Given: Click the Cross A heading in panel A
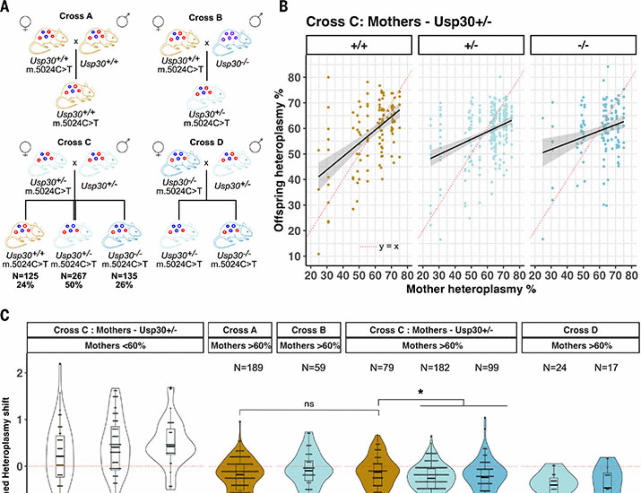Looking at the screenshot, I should pos(76,16).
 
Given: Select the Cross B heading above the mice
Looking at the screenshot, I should pos(205,18).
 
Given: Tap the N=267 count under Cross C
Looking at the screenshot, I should pos(73,276).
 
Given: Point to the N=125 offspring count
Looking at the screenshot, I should pos(25,276).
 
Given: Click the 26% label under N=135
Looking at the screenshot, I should pos(124,285).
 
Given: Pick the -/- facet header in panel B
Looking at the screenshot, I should pos(583,45).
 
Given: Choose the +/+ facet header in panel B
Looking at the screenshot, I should pos(359,45).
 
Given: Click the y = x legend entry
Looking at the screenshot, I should pos(388,246).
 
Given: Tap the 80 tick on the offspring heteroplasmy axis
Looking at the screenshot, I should pos(294,78).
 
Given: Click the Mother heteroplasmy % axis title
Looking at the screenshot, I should pos(471,289).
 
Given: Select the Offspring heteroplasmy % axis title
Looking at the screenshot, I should pos(279,160).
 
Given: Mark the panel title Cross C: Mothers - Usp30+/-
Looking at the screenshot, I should pos(398,22).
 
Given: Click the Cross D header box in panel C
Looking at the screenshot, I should pos(580,330).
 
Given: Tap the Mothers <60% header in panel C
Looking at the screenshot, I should pos(115,346).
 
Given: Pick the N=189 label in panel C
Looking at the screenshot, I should pos(248,367).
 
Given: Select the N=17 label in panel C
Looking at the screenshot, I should pos(606,367).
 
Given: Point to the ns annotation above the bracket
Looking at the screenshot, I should pos(309,404).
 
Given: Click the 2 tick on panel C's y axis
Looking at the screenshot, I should pos(20,373).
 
